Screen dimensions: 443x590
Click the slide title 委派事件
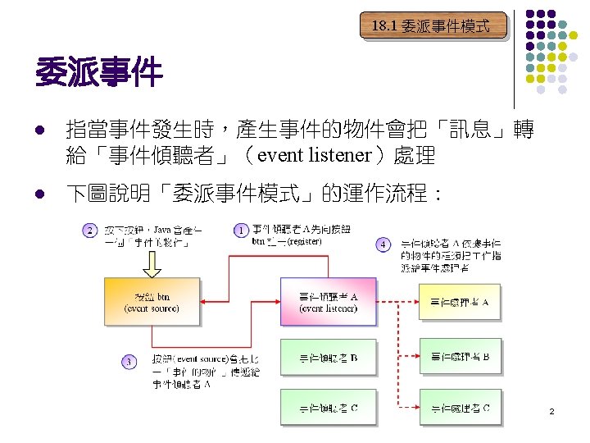[99, 74]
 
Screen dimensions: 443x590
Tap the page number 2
[552, 410]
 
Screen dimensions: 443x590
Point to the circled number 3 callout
[129, 361]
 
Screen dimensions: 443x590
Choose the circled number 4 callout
[383, 244]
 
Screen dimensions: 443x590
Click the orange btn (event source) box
[152, 302]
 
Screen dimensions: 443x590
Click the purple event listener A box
[328, 302]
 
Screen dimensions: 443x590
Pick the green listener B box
[328, 357]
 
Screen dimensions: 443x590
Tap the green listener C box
[328, 408]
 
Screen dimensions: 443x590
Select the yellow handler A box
[460, 302]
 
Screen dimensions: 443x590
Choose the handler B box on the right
[460, 357]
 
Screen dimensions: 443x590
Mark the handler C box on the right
[460, 408]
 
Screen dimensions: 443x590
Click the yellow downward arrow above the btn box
[152, 264]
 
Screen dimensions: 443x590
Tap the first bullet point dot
[39, 130]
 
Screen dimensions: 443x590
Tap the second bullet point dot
[39, 194]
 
